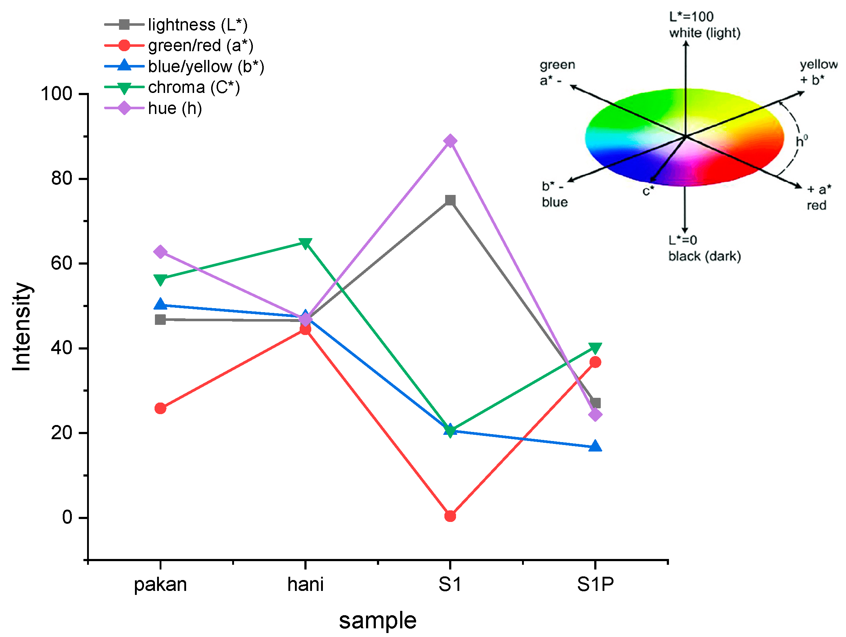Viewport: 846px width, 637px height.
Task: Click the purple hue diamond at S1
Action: click(450, 141)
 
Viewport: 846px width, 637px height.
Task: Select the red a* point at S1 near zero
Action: click(450, 516)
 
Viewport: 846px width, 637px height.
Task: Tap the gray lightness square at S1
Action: click(450, 200)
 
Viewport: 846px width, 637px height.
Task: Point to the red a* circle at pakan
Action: click(160, 409)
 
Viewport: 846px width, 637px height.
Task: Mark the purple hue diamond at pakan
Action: click(160, 252)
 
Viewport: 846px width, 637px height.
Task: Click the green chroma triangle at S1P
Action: click(595, 348)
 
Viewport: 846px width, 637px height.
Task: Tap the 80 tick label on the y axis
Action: click(62, 179)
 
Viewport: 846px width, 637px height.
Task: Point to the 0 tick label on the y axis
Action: click(67, 517)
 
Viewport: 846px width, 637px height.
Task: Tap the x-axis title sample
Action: click(378, 620)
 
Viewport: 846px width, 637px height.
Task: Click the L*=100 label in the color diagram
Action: click(691, 17)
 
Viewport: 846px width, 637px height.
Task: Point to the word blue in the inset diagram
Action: click(555, 203)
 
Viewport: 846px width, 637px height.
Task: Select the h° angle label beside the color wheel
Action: click(801, 141)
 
